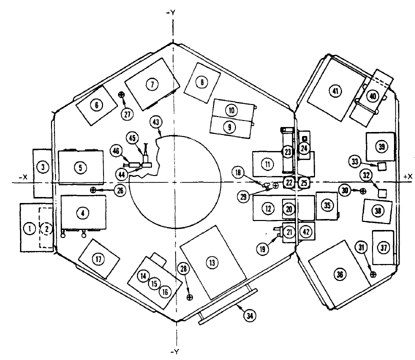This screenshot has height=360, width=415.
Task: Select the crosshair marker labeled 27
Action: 120,94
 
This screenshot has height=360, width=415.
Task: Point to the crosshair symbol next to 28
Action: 189,297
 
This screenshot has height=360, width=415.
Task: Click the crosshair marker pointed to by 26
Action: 93,190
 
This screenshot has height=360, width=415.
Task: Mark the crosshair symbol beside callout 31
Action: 372,273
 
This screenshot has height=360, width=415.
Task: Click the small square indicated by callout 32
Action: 382,192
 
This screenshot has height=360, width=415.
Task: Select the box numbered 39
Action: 381,146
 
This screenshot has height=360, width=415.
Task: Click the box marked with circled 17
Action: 99,258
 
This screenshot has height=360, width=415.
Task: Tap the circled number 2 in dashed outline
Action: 46,228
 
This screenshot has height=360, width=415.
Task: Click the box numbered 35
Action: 327,205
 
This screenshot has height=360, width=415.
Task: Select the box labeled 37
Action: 383,247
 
